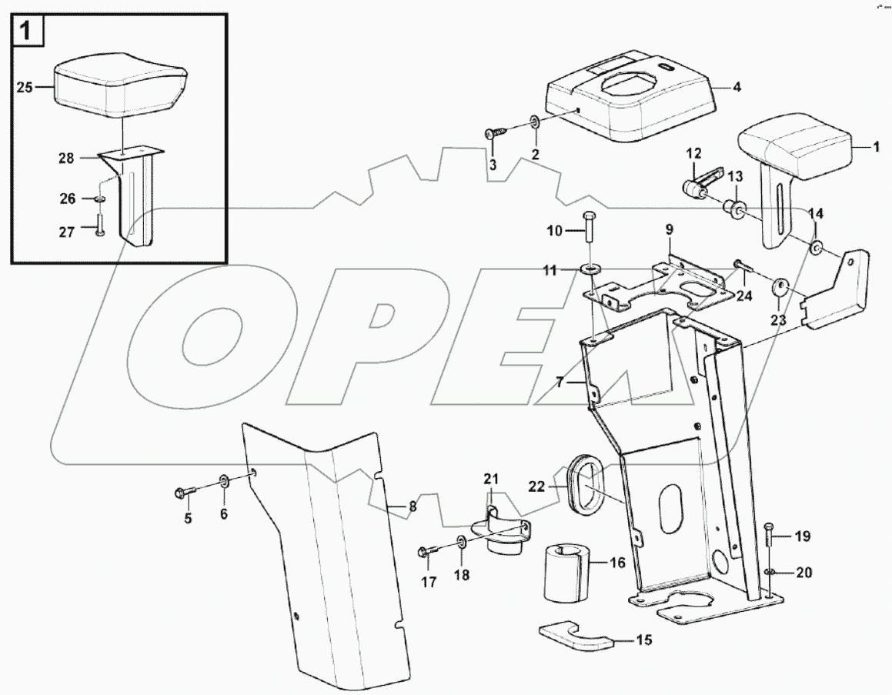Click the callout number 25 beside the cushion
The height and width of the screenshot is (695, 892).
[x=24, y=88]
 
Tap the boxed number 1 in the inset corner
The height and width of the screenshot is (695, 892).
[x=25, y=32]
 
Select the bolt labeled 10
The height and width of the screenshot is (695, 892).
[x=589, y=231]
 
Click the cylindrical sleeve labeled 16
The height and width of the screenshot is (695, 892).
[x=566, y=574]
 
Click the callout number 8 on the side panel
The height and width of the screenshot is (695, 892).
[x=413, y=506]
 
